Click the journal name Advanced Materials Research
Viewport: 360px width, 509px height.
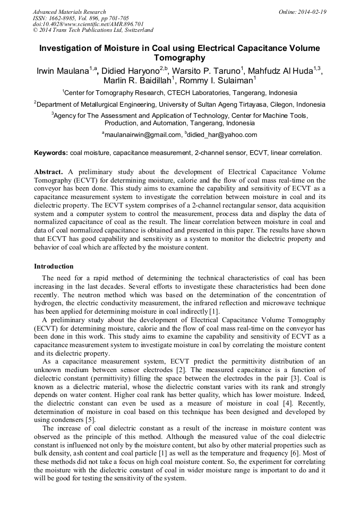click(69, 12)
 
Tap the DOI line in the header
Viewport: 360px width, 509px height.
click(81, 24)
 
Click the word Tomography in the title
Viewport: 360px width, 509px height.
click(179, 58)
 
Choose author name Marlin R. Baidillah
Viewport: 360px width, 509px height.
click(138, 81)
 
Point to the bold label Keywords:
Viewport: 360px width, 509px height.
click(51, 153)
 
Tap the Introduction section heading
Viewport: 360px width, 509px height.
click(54, 266)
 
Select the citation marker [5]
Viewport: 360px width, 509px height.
click(101, 420)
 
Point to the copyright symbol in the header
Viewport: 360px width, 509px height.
click(35, 31)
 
